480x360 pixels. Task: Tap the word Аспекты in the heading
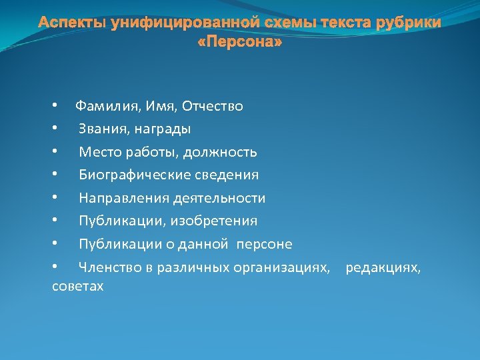[x=73, y=23]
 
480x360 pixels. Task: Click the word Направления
[x=124, y=198]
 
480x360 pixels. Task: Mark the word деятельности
[x=219, y=198]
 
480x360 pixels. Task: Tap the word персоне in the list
[x=267, y=244]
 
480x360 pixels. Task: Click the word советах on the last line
[x=78, y=286]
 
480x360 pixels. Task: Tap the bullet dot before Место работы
[x=56, y=152]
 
